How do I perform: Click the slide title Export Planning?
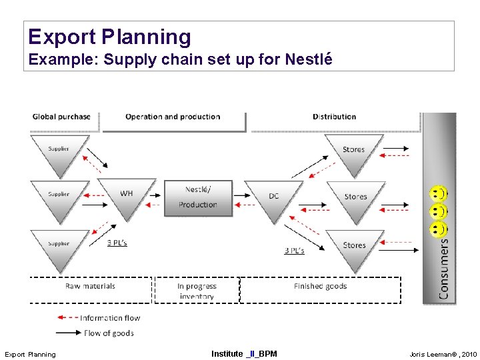click(x=110, y=37)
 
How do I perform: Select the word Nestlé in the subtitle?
click(x=309, y=59)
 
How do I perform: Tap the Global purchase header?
click(x=61, y=117)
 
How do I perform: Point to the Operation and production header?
click(x=173, y=117)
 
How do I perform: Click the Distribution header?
click(x=335, y=117)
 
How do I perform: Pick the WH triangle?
click(x=127, y=196)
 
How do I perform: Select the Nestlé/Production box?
click(x=198, y=197)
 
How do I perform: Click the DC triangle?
click(x=274, y=198)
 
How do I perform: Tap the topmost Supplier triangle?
click(x=59, y=151)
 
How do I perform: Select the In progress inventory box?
click(x=197, y=291)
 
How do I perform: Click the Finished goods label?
click(x=320, y=286)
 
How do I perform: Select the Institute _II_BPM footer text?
click(x=244, y=353)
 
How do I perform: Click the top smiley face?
click(x=437, y=194)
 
